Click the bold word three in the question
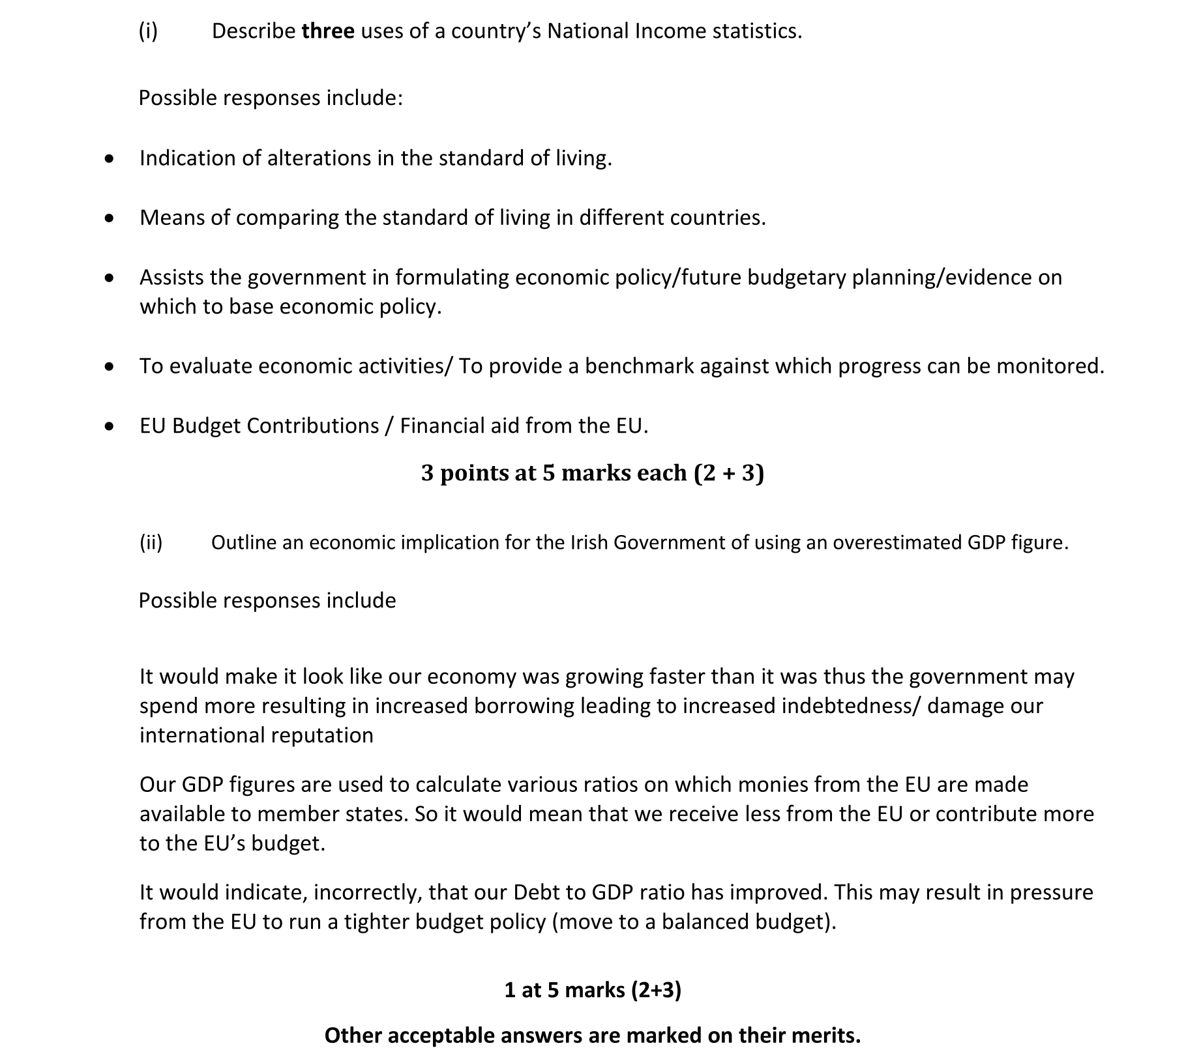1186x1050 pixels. (328, 31)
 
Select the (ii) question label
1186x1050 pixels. (151, 542)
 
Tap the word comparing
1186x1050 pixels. (288, 218)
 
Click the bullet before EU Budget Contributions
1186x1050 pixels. (110, 426)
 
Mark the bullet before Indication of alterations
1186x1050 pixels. (110, 159)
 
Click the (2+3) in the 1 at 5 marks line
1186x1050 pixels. (656, 990)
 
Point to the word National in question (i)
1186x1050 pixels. (587, 31)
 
